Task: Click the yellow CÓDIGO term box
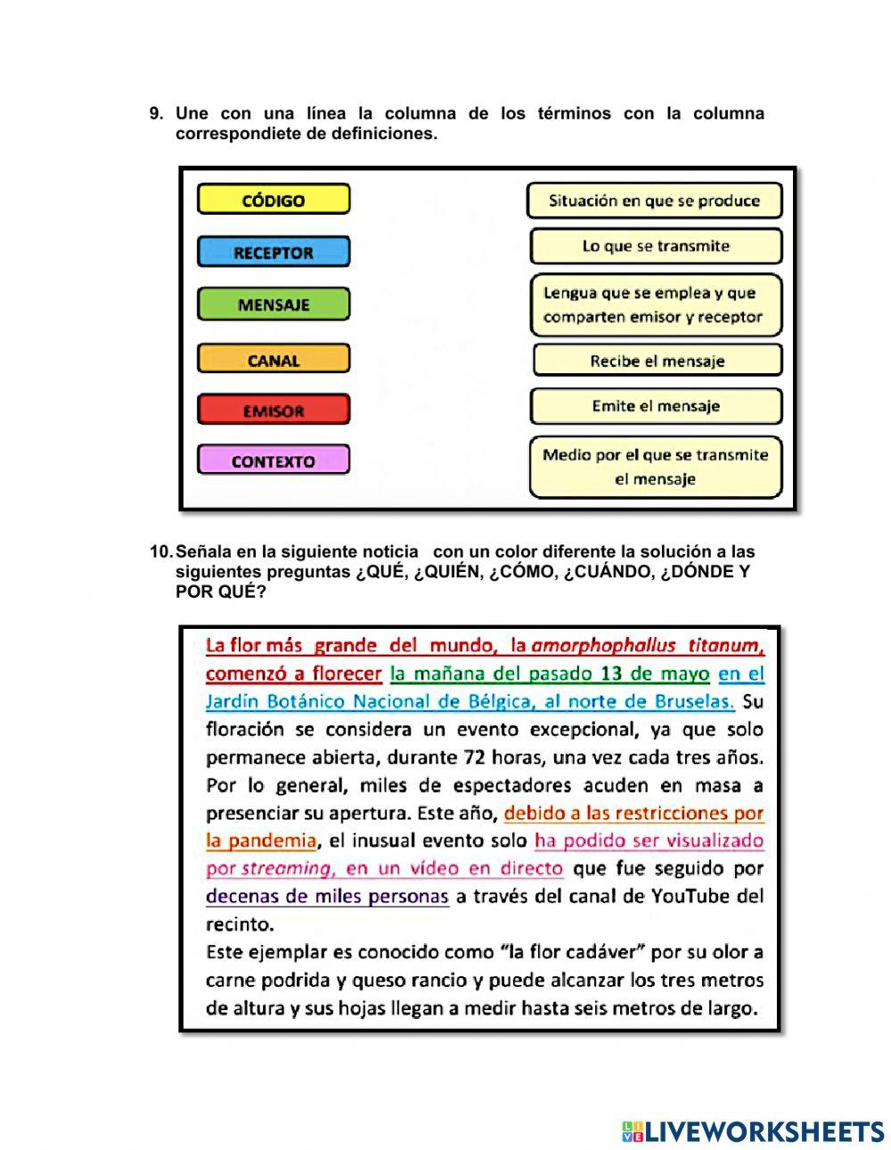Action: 274,200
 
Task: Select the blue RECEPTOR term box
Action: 274,252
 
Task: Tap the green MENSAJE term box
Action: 274,305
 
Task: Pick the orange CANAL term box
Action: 274,360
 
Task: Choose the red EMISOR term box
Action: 274,411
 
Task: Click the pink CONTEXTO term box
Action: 274,461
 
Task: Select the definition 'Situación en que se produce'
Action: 654,200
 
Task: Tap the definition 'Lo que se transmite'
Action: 656,246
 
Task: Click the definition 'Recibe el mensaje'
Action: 657,361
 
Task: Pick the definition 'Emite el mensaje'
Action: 656,406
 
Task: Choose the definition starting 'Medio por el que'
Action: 655,467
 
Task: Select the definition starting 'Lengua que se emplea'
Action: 655,305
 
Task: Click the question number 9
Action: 156,114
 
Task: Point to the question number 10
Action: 160,552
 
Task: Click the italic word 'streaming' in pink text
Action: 286,869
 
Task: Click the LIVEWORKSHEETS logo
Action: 753,1131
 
